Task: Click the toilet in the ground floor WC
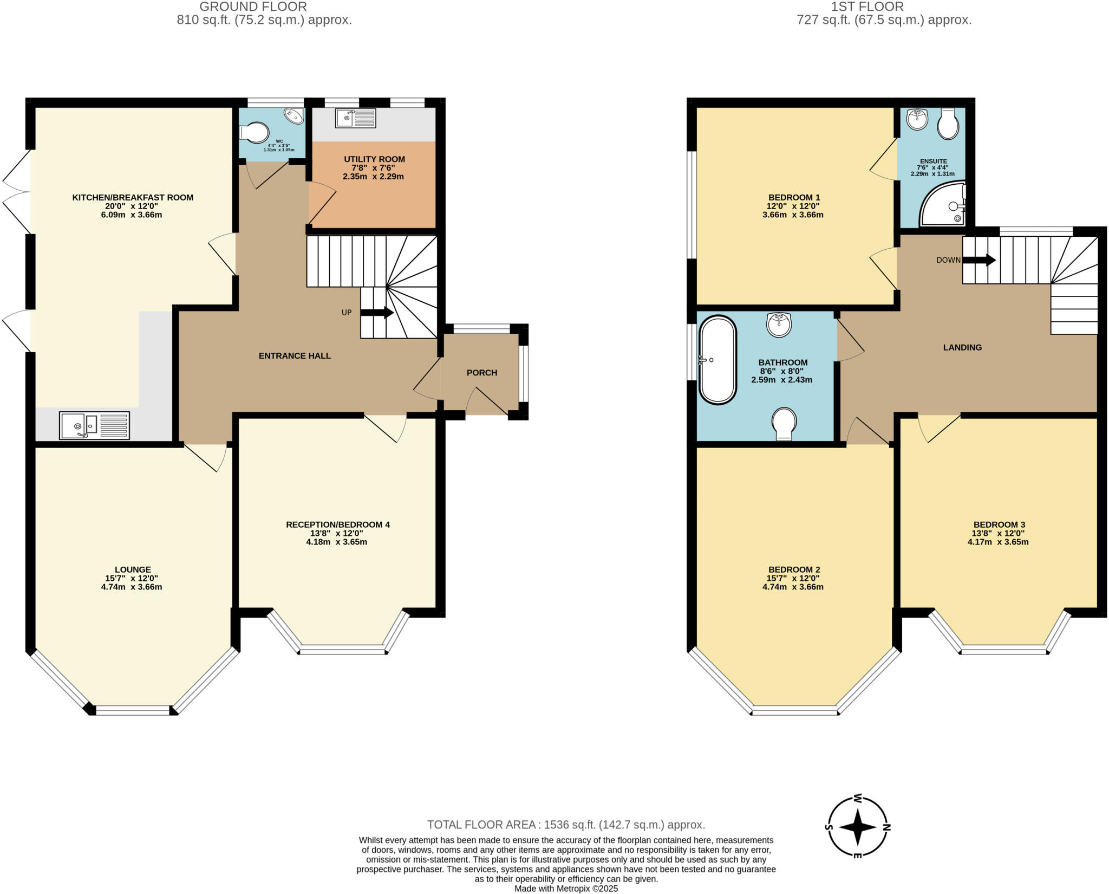pyautogui.click(x=255, y=132)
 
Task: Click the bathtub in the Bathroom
pyautogui.click(x=717, y=360)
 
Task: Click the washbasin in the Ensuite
pyautogui.click(x=917, y=119)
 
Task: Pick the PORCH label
pyautogui.click(x=481, y=373)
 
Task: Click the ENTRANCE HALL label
pyautogui.click(x=295, y=356)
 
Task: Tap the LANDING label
pyautogui.click(x=962, y=347)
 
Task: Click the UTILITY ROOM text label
pyautogui.click(x=374, y=159)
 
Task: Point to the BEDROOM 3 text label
pyautogui.click(x=999, y=524)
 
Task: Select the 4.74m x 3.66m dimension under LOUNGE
pyautogui.click(x=132, y=587)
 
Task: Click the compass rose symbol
pyautogui.click(x=858, y=827)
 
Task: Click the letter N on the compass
pyautogui.click(x=886, y=827)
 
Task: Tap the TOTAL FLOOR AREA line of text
pyautogui.click(x=566, y=825)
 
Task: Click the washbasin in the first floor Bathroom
pyautogui.click(x=779, y=325)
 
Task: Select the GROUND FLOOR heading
pyautogui.click(x=253, y=7)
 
